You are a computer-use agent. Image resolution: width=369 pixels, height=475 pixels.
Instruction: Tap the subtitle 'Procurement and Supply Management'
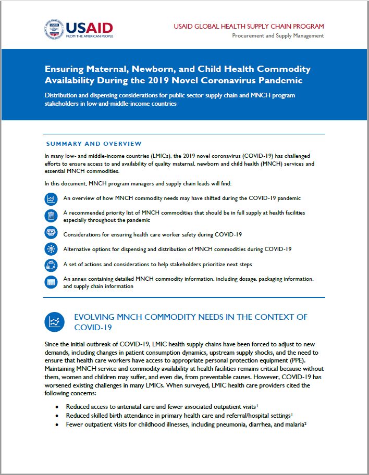[278, 36]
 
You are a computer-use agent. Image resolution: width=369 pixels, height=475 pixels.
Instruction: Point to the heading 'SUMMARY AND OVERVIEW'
[94, 144]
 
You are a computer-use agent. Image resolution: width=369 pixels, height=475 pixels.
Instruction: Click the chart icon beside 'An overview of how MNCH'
[51, 198]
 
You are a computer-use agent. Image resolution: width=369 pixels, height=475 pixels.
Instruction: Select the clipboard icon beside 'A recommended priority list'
[51, 216]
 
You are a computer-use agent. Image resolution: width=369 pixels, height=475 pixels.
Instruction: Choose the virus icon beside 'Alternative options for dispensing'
[51, 248]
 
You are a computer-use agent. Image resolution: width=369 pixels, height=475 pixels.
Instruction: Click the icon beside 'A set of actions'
[51, 265]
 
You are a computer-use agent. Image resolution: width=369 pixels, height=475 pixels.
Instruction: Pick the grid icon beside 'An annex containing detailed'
[51, 282]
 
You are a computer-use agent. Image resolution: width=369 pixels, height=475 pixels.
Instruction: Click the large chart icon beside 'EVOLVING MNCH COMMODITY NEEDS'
[55, 322]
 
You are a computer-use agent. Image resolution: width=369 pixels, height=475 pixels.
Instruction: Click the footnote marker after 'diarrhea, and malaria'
[305, 423]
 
